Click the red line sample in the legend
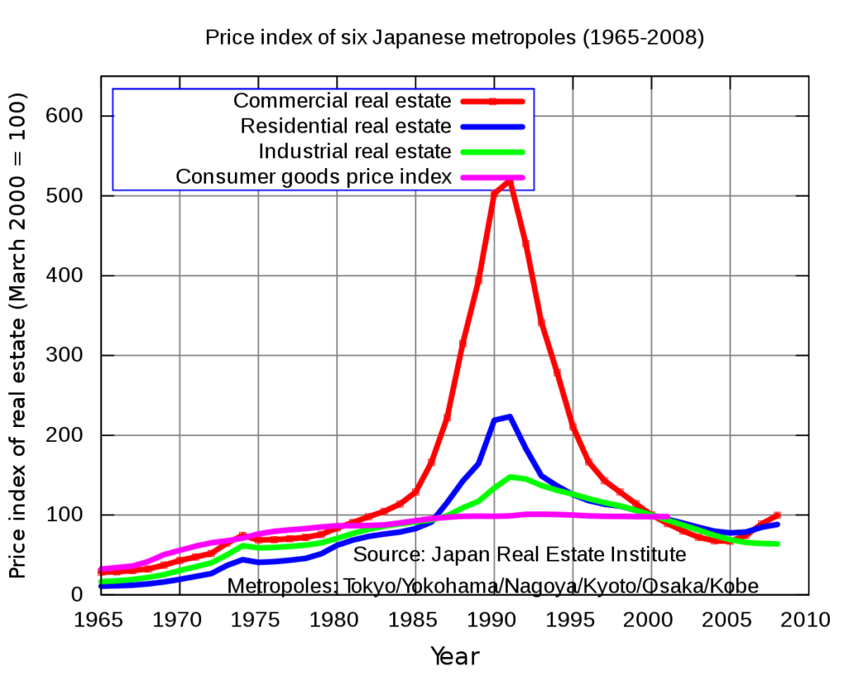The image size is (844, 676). pos(492,101)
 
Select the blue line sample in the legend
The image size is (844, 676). pos(492,127)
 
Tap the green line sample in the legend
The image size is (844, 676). pos(492,152)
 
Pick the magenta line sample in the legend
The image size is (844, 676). pos(492,177)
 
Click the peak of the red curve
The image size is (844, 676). pos(509,183)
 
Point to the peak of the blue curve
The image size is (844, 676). pos(509,418)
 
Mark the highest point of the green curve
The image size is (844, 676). pos(513,478)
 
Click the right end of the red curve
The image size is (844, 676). pos(777,515)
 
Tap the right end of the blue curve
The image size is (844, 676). pos(777,524)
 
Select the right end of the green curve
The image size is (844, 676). pos(777,544)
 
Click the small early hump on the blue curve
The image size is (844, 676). pos(243,559)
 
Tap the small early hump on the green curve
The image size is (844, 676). pos(243,545)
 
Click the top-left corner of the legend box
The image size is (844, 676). pos(113,89)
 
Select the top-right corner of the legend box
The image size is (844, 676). pos(533,89)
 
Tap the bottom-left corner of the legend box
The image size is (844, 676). pos(113,190)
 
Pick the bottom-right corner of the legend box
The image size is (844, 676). pos(533,190)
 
